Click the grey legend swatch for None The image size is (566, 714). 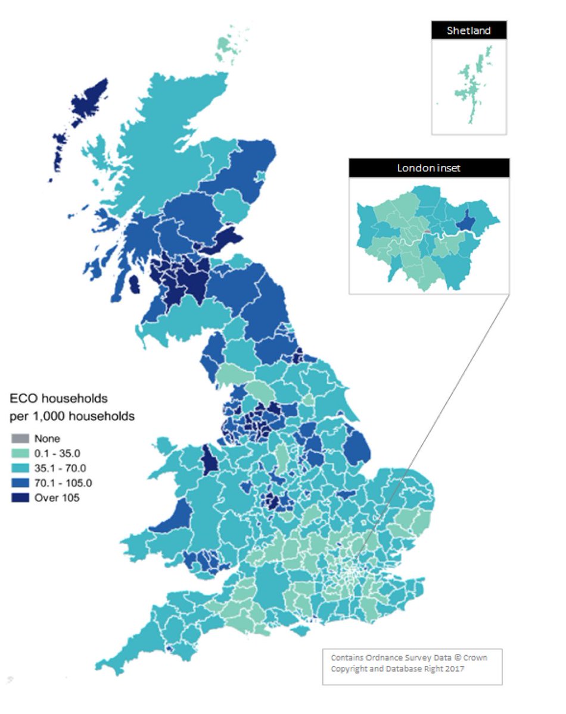click(20, 439)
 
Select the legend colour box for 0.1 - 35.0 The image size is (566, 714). click(20, 453)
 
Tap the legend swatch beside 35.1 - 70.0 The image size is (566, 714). click(20, 468)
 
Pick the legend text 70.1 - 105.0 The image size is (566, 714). click(63, 483)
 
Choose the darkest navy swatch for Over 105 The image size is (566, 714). click(20, 497)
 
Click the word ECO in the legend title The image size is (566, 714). click(23, 398)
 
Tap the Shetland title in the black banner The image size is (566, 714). click(469, 30)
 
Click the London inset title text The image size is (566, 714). click(429, 168)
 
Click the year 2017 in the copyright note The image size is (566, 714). click(452, 669)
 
